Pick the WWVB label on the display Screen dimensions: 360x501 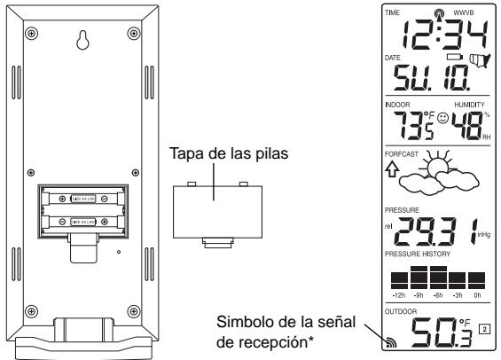click(466, 12)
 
